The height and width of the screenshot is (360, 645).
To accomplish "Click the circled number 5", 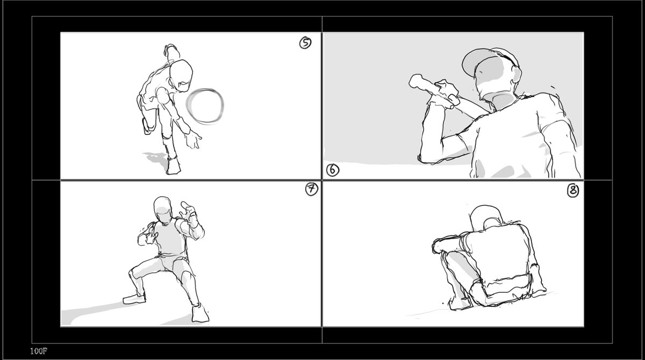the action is pos(305,43).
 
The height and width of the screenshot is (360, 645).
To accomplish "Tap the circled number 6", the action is pos(333,170).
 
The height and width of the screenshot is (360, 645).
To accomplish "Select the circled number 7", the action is pos(312,189).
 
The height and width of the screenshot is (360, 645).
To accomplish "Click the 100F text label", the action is pos(39,351).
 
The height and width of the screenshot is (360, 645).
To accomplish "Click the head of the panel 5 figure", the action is pos(181,75).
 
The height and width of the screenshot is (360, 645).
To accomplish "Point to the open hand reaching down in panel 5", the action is pos(192,140).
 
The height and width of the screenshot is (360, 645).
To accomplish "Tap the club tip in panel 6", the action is pos(414,81).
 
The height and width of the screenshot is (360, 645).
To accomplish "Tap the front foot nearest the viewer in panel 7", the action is pos(200,314).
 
